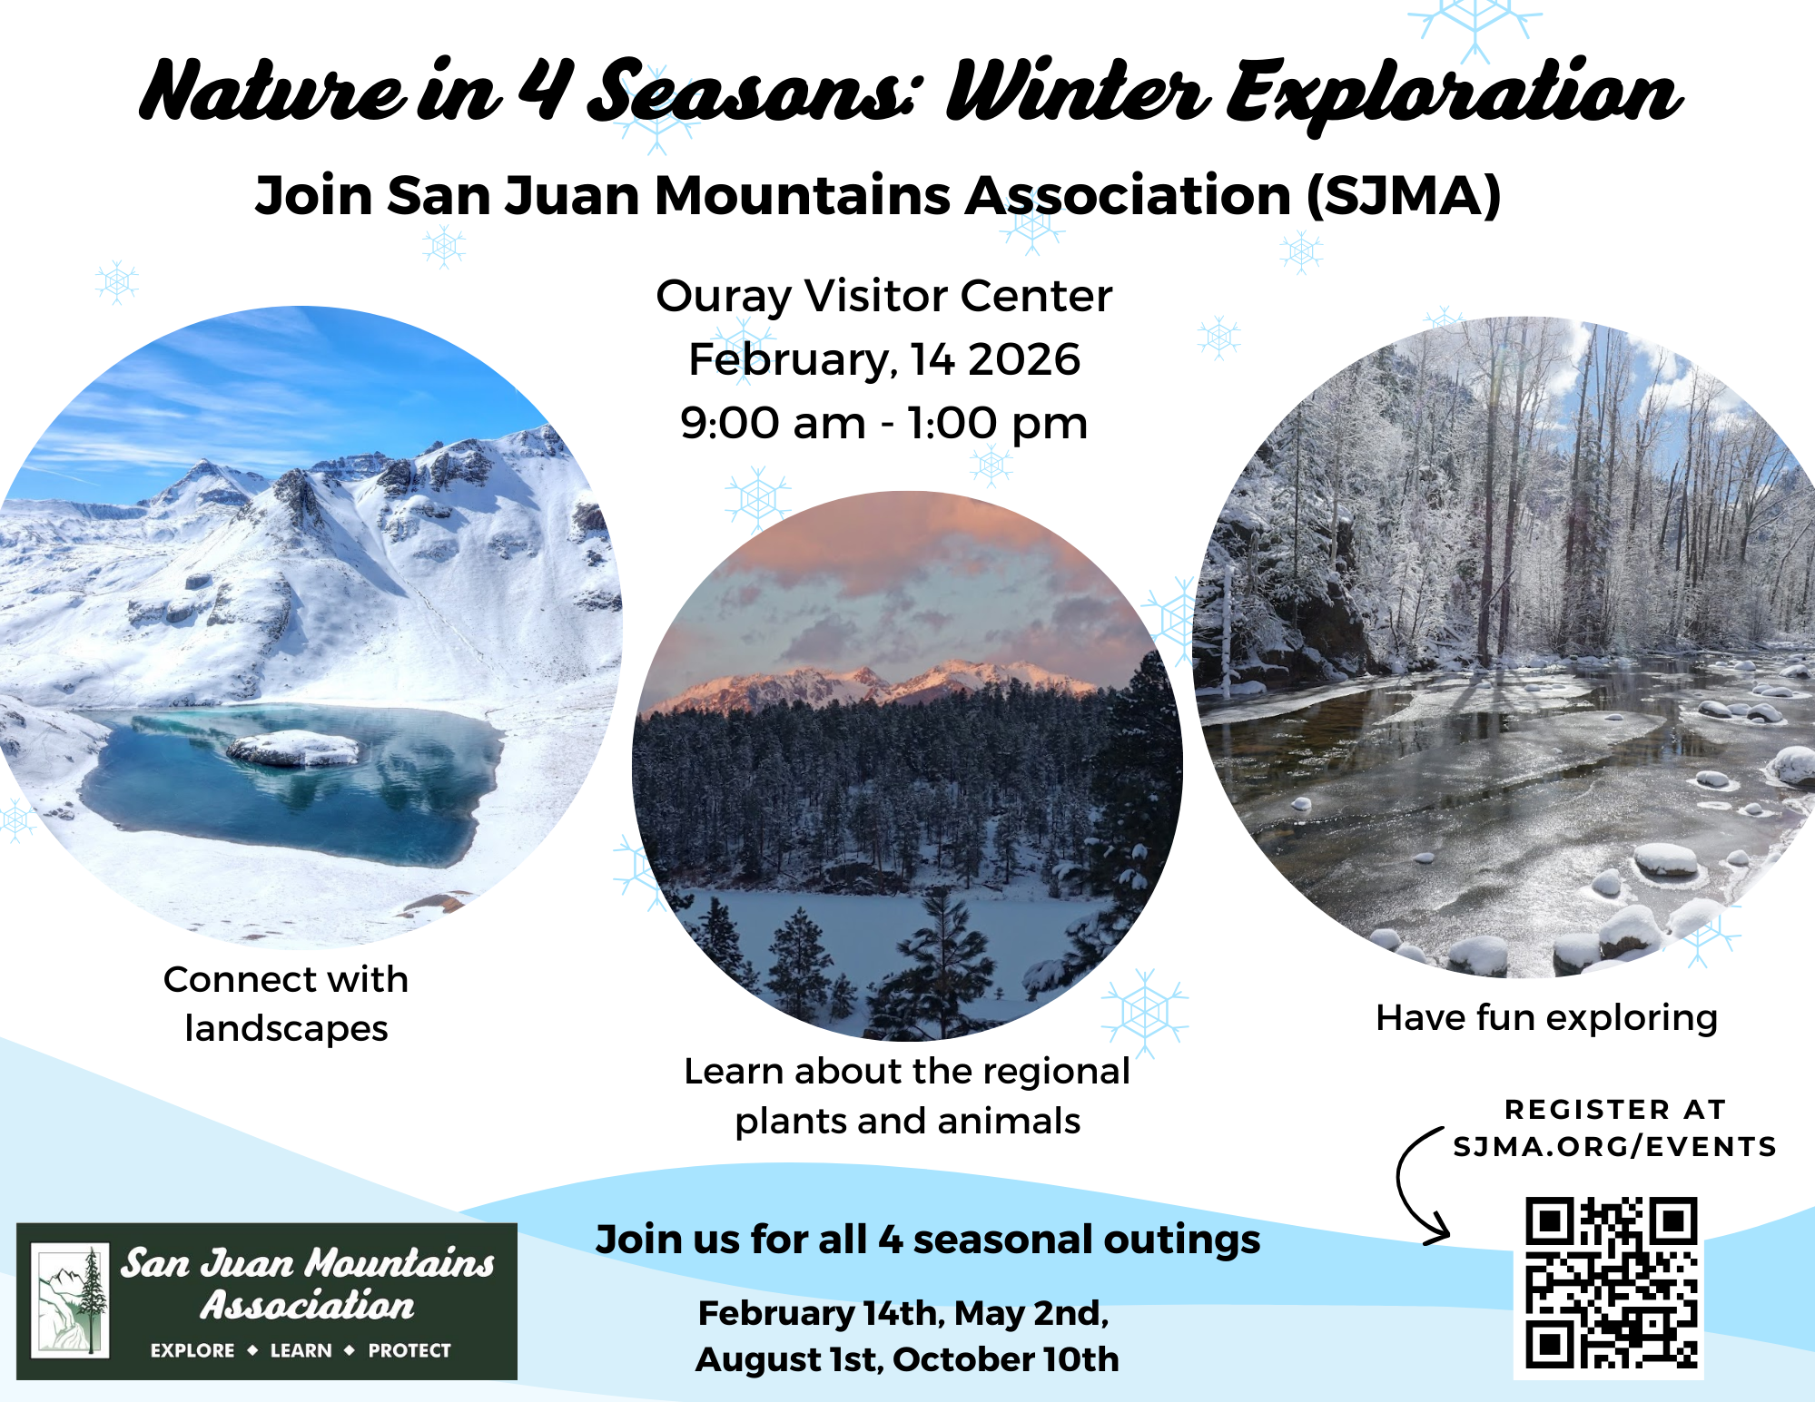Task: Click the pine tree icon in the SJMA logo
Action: (x=91, y=1300)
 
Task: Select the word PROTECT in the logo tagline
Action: (x=409, y=1350)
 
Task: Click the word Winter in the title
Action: (x=1078, y=92)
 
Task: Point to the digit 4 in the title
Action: (x=546, y=88)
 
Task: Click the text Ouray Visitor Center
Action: (x=884, y=297)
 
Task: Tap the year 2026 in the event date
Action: (x=1024, y=359)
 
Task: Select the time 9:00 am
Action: (x=774, y=423)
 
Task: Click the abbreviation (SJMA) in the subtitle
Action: (x=1404, y=196)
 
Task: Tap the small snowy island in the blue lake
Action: (x=293, y=750)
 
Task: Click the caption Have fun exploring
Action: (x=1547, y=1018)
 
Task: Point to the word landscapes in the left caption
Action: (x=286, y=1029)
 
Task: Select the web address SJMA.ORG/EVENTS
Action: (x=1614, y=1147)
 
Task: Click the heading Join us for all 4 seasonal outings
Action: (x=928, y=1240)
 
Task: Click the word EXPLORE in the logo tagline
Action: (x=192, y=1350)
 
